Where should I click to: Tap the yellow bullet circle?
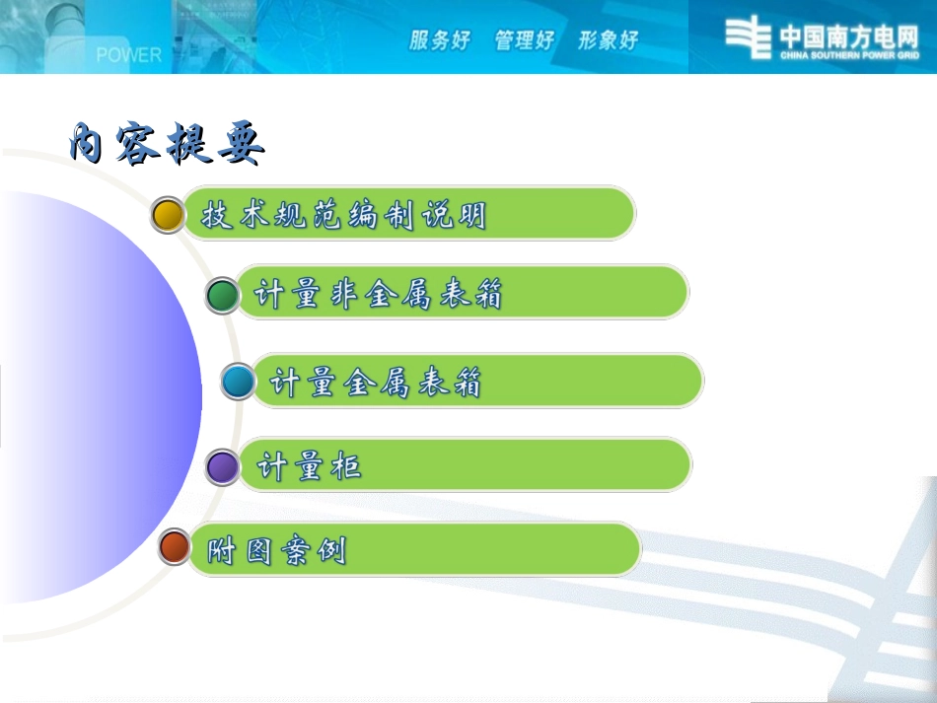pyautogui.click(x=169, y=214)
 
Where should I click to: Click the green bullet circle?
pyautogui.click(x=223, y=295)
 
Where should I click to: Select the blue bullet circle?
pyautogui.click(x=238, y=381)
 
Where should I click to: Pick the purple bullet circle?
pyautogui.click(x=223, y=466)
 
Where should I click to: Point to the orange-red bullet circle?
pyautogui.click(x=175, y=546)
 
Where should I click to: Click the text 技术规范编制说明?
pyautogui.click(x=344, y=215)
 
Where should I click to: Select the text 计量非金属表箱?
pyautogui.click(x=379, y=294)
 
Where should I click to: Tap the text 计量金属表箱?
pyautogui.click(x=376, y=382)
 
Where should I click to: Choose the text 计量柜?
pyautogui.click(x=310, y=466)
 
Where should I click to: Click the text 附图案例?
pyautogui.click(x=277, y=550)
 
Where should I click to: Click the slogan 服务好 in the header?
pyautogui.click(x=440, y=40)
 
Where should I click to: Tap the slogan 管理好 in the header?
pyautogui.click(x=525, y=40)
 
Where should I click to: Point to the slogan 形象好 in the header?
pyautogui.click(x=608, y=40)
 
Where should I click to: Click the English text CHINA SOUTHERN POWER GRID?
pyautogui.click(x=848, y=56)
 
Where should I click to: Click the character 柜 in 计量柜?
pyautogui.click(x=346, y=466)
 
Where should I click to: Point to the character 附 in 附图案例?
pyautogui.click(x=222, y=550)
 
